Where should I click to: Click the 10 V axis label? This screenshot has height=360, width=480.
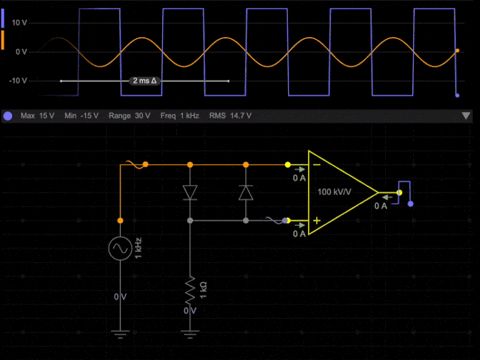coord(20,20)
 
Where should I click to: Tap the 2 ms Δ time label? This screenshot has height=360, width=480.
coord(146,80)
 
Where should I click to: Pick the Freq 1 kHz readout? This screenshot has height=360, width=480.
coord(181,116)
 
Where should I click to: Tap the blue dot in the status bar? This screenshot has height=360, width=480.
coord(8,116)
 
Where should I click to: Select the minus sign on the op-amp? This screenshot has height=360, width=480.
coord(315,165)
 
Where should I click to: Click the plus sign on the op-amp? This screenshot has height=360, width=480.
coord(315,220)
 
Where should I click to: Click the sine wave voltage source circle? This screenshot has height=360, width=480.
coord(121,246)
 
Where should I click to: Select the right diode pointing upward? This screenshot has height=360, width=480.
coord(246,191)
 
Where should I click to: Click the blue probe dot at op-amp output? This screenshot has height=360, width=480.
coord(410,204)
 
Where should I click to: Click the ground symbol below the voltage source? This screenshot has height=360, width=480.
coord(121,331)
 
